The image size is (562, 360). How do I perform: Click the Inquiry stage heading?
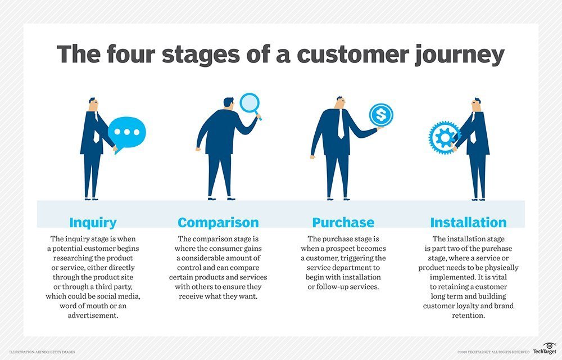click(x=93, y=222)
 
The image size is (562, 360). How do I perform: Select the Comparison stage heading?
click(x=218, y=222)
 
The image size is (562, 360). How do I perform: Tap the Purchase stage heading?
click(x=343, y=222)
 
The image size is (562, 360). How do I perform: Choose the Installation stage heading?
click(x=468, y=222)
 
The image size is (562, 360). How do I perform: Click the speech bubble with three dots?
click(x=126, y=132)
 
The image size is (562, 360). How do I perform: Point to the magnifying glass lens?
click(x=248, y=102)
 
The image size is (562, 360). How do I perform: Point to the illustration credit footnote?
click(x=42, y=352)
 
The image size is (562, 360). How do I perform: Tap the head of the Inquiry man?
click(x=93, y=105)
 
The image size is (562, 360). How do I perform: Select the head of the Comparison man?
click(x=228, y=102)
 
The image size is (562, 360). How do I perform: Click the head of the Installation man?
click(x=476, y=105)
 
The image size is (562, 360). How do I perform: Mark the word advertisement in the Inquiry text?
click(x=93, y=316)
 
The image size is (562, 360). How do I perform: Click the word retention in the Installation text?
click(x=468, y=316)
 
